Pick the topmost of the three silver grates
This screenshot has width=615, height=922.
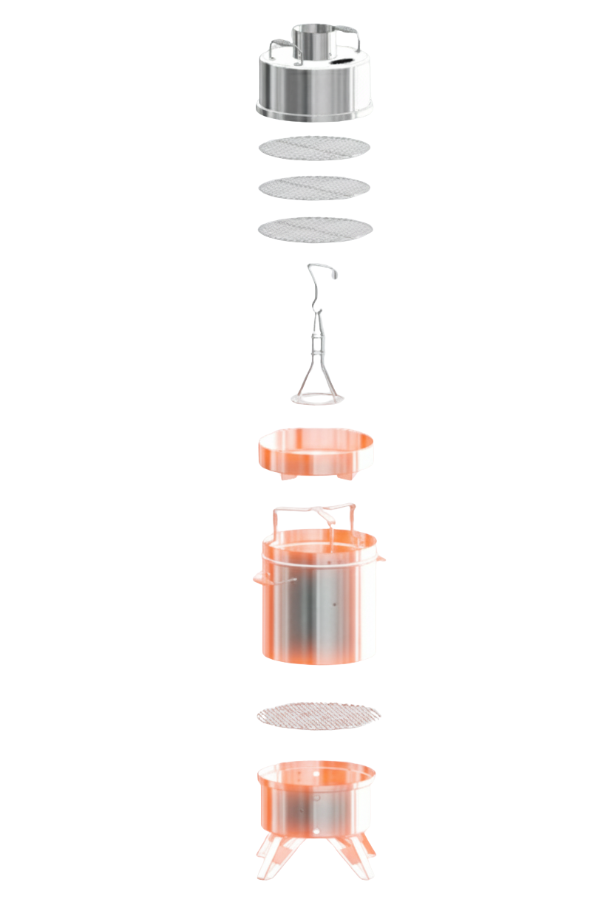tap(314, 148)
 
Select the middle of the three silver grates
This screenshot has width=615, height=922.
tap(314, 188)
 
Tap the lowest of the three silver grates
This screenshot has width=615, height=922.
tap(314, 229)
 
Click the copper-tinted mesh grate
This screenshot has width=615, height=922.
tap(318, 714)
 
